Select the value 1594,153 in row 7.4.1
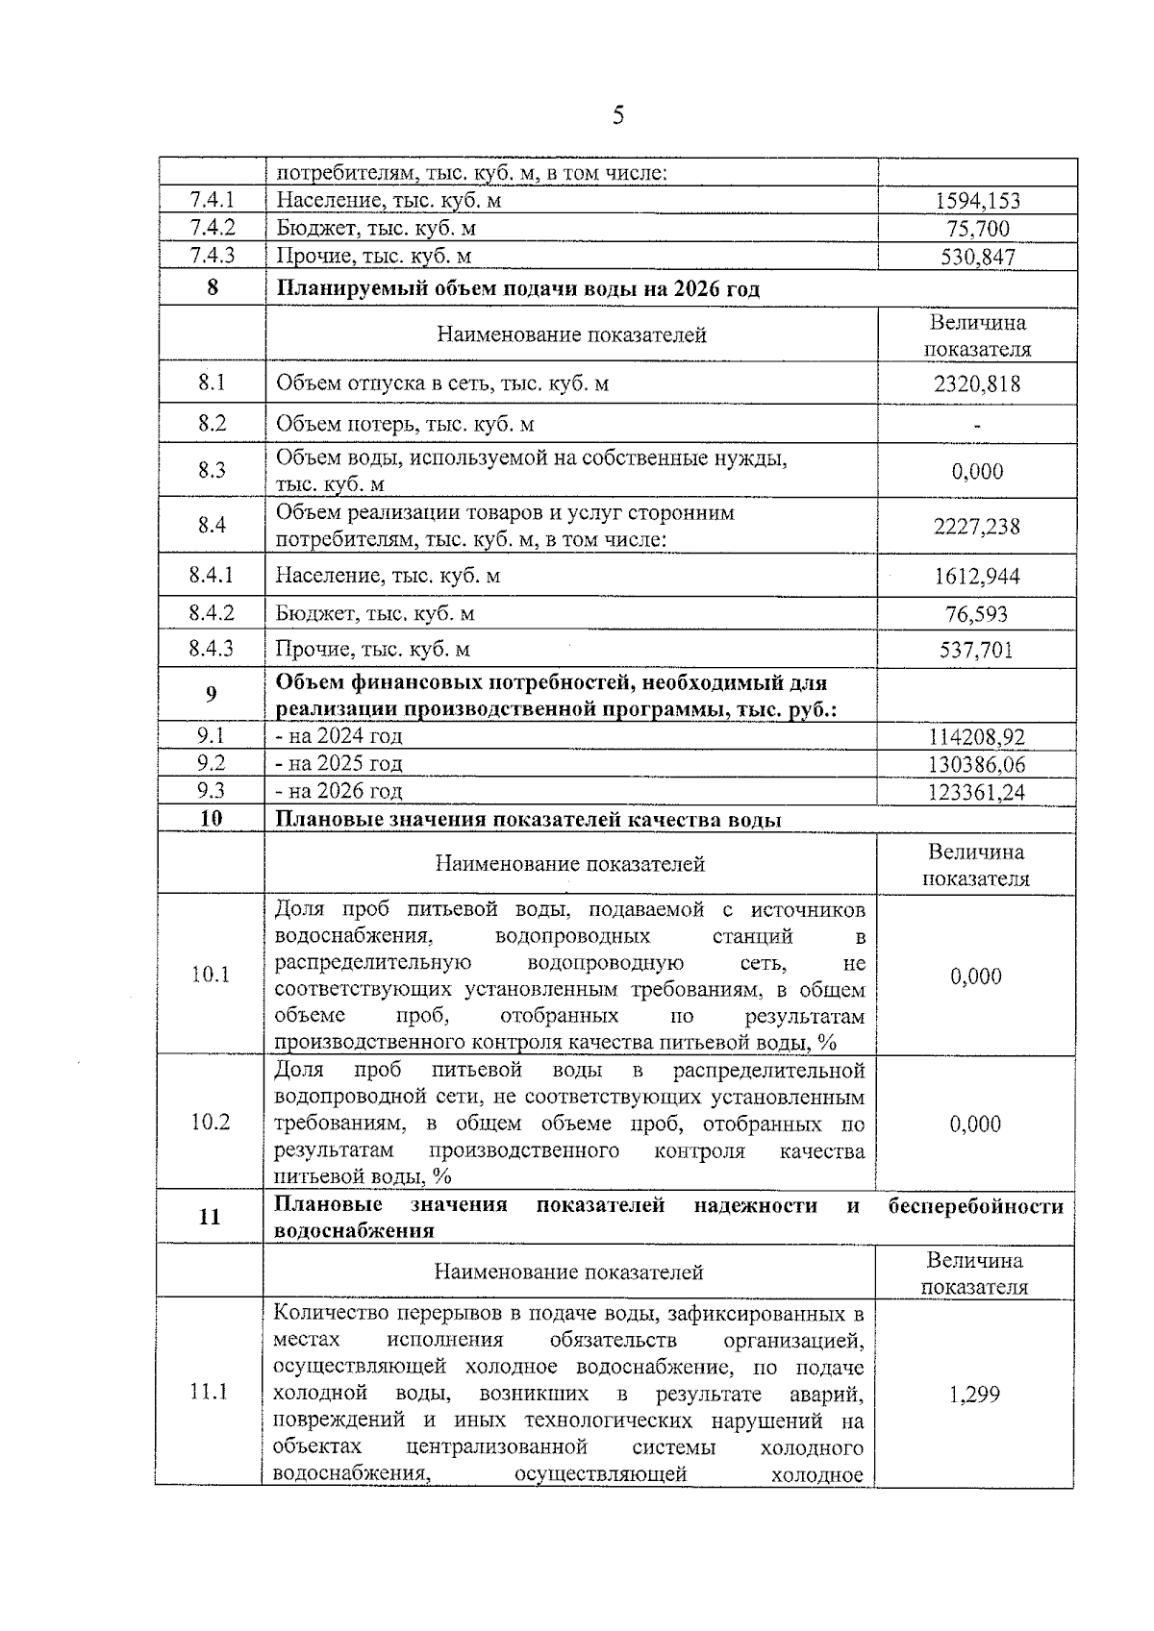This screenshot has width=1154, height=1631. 977,201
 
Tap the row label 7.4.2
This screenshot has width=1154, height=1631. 213,228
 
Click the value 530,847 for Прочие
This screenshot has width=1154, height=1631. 977,257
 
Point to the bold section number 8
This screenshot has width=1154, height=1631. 213,287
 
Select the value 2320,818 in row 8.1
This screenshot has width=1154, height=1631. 977,383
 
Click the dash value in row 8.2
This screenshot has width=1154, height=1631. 977,425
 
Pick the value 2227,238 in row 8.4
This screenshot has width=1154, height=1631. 977,527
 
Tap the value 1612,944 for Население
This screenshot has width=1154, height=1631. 977,577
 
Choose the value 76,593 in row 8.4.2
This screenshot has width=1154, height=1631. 977,614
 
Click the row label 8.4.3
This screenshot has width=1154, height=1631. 212,649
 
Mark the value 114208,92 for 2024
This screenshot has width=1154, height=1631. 977,737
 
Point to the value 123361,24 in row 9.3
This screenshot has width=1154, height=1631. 977,792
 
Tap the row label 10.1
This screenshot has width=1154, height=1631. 211,975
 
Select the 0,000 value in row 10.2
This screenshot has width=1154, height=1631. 976,1124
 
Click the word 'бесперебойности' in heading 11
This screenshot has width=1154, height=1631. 975,1206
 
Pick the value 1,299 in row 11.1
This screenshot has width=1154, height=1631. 974,1395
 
